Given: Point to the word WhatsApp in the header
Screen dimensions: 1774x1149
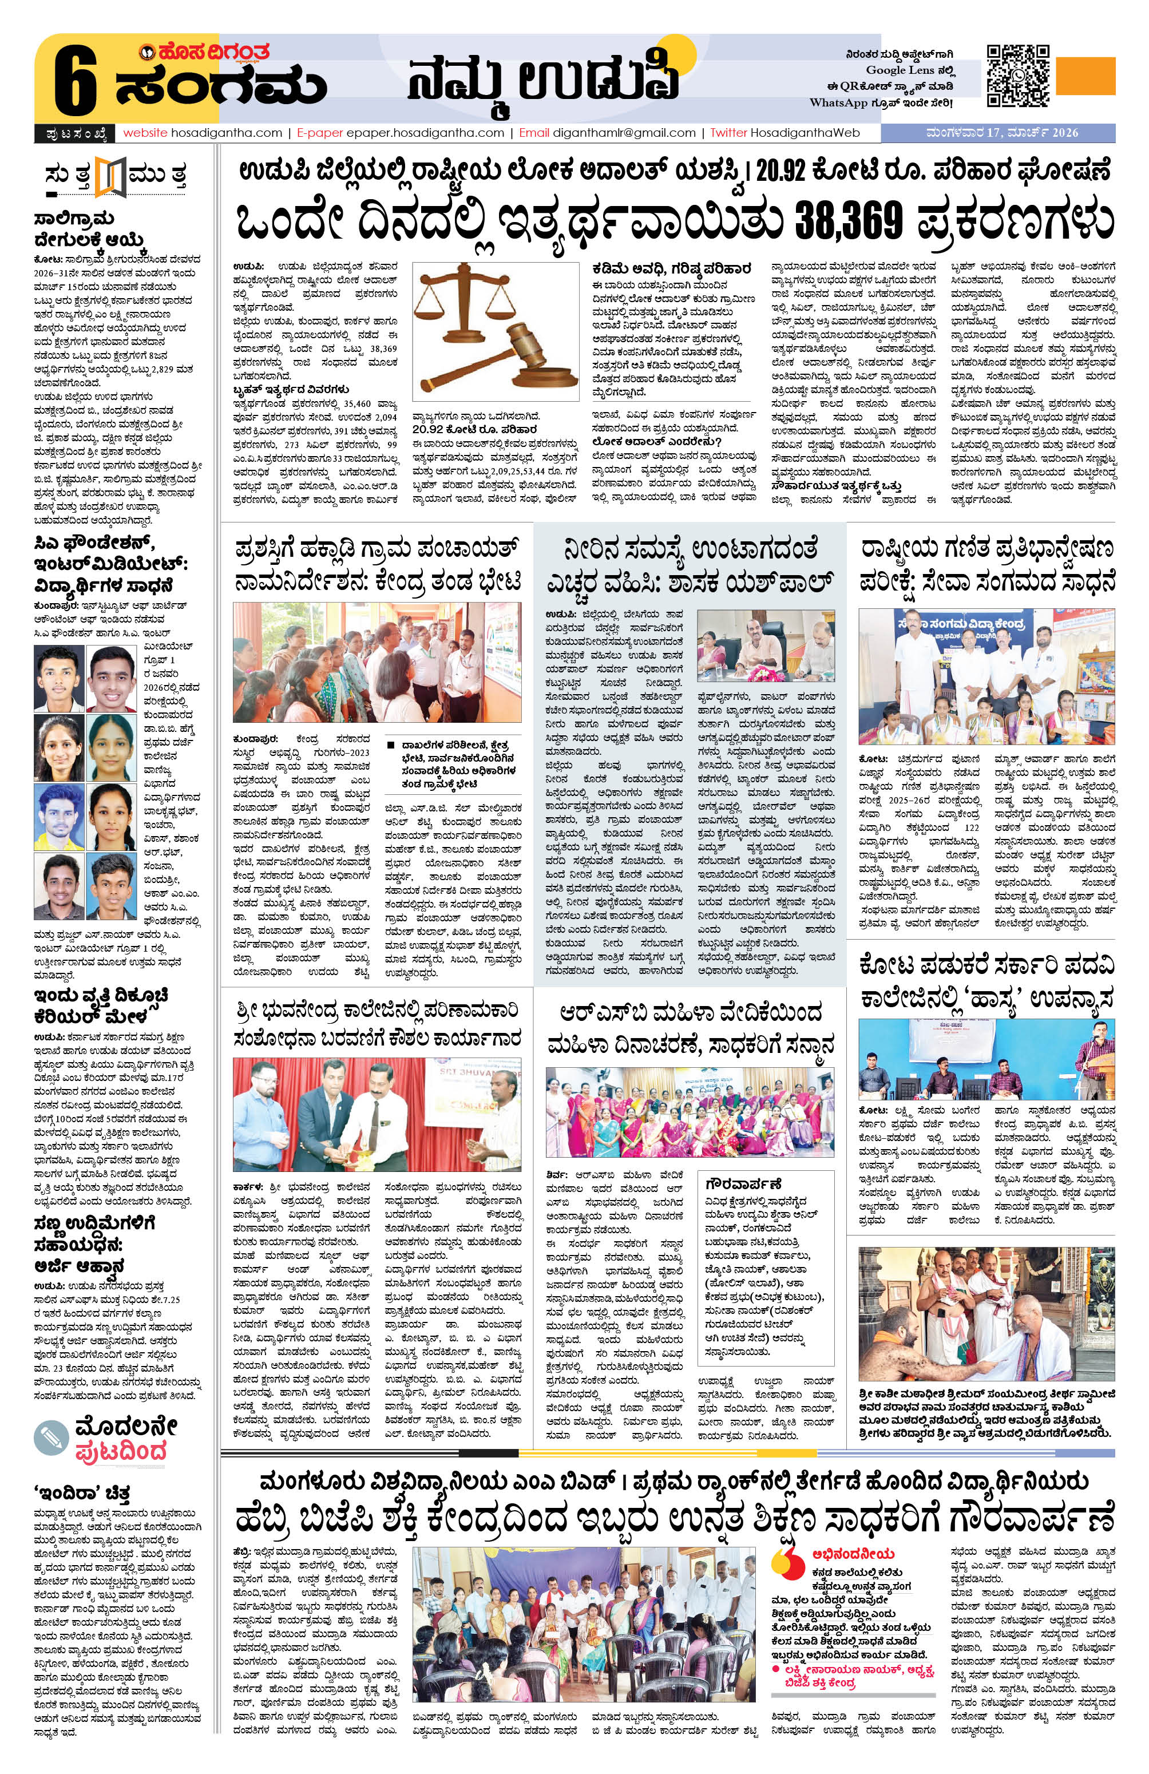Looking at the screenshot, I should (838, 103).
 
